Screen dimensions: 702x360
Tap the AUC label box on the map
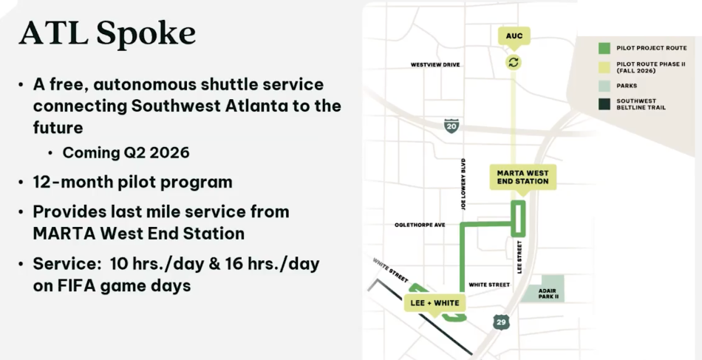point(514,35)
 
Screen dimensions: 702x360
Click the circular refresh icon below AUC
point(514,62)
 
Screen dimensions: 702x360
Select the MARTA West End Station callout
point(522,177)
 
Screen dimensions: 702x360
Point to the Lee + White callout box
point(435,303)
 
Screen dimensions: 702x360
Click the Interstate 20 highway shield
point(451,126)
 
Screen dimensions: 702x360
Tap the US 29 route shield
point(502,322)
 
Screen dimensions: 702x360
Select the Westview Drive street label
point(435,65)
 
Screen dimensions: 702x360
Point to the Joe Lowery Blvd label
point(463,184)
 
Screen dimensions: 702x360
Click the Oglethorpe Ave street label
point(420,225)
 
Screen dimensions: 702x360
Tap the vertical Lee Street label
point(519,256)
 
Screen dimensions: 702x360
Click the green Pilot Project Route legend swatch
point(604,48)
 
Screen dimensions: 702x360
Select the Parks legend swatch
point(604,85)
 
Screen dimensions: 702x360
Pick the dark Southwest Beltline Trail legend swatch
point(604,104)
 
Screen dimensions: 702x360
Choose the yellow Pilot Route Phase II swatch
point(604,67)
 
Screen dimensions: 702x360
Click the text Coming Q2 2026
point(126,153)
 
